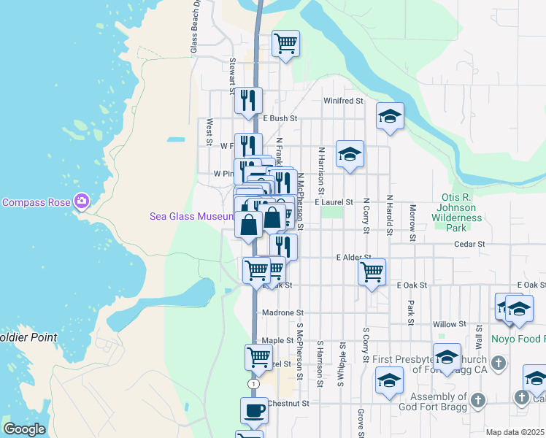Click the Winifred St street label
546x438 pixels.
pyautogui.click(x=343, y=101)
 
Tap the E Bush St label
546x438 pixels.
pyautogui.click(x=280, y=118)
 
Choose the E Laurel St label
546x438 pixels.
pyautogui.click(x=334, y=202)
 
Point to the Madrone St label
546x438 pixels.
pyautogui.click(x=277, y=313)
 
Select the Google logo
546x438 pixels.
pyautogui.click(x=24, y=429)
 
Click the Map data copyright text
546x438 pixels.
pyautogui.click(x=515, y=432)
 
